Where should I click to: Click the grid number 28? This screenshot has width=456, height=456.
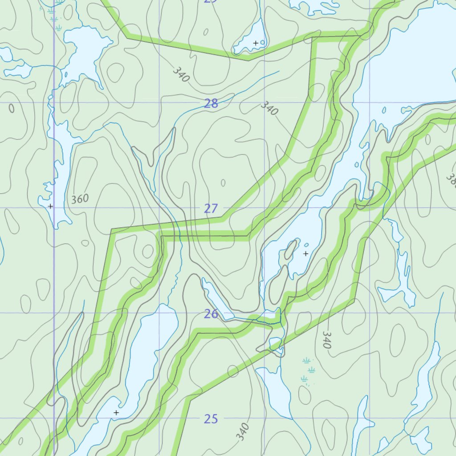[x=211, y=104]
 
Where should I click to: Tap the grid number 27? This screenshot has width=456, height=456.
[x=211, y=208]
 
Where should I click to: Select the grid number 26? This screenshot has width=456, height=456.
[x=211, y=314]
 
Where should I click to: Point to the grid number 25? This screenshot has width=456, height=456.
[x=211, y=419]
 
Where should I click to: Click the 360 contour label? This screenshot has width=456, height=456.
[x=80, y=199]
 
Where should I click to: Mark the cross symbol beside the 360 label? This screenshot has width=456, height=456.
[x=50, y=206]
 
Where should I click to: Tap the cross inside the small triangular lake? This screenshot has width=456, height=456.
[x=256, y=43]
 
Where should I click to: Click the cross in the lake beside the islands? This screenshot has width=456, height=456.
[x=305, y=253]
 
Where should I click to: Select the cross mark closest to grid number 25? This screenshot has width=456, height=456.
[x=116, y=413]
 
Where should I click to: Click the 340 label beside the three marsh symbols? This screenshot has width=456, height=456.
[x=327, y=340]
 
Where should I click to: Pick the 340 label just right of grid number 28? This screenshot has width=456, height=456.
[x=269, y=108]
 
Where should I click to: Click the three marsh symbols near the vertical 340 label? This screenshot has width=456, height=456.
[x=308, y=370]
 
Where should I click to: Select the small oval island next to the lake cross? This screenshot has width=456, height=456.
[x=291, y=249]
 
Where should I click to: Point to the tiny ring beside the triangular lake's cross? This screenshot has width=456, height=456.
[x=262, y=43]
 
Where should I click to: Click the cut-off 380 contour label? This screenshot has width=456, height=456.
[x=451, y=180]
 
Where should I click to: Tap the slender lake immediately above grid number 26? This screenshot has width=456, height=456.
[x=217, y=298]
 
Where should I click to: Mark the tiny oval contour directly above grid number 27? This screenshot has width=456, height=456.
[x=223, y=183]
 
